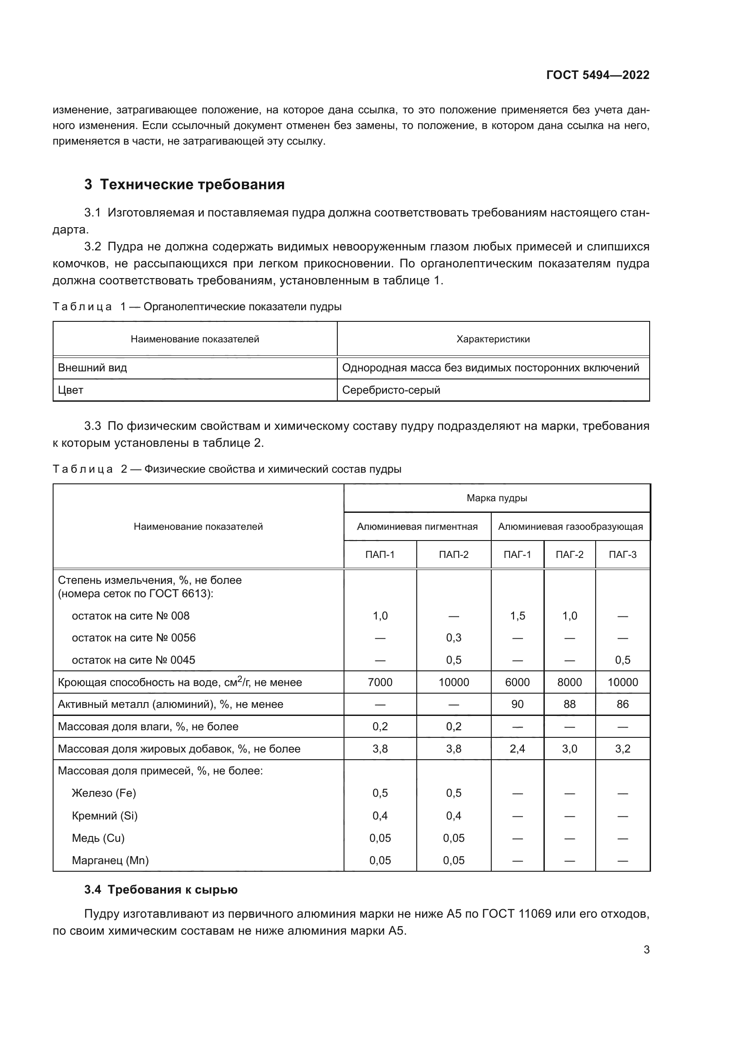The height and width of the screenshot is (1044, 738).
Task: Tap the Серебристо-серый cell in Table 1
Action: click(x=391, y=390)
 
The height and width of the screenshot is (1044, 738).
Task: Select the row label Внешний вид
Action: click(x=92, y=368)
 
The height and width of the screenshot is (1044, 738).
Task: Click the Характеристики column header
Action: click(x=493, y=339)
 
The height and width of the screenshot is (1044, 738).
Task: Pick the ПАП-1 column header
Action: click(x=380, y=555)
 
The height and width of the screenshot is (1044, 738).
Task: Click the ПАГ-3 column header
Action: click(x=622, y=555)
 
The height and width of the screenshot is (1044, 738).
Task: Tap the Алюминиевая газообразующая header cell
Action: click(x=570, y=527)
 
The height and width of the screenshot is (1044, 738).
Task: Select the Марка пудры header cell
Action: click(x=496, y=499)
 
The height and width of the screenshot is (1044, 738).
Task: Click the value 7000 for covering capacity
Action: click(x=380, y=682)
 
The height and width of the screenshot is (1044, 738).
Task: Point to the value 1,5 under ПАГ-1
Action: click(x=517, y=616)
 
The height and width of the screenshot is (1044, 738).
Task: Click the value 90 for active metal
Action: click(x=517, y=704)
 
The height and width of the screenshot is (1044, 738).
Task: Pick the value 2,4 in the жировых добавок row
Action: click(x=517, y=749)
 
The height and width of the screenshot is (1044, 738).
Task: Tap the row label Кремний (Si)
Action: click(x=104, y=816)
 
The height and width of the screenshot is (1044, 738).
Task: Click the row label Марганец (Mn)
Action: click(x=110, y=860)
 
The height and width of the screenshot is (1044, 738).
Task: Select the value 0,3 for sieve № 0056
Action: click(x=453, y=638)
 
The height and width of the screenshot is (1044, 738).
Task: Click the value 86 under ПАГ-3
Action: click(x=622, y=704)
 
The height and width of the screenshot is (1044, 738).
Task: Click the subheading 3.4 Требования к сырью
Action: click(x=161, y=890)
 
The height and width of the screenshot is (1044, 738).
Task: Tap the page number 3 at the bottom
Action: click(x=646, y=950)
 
